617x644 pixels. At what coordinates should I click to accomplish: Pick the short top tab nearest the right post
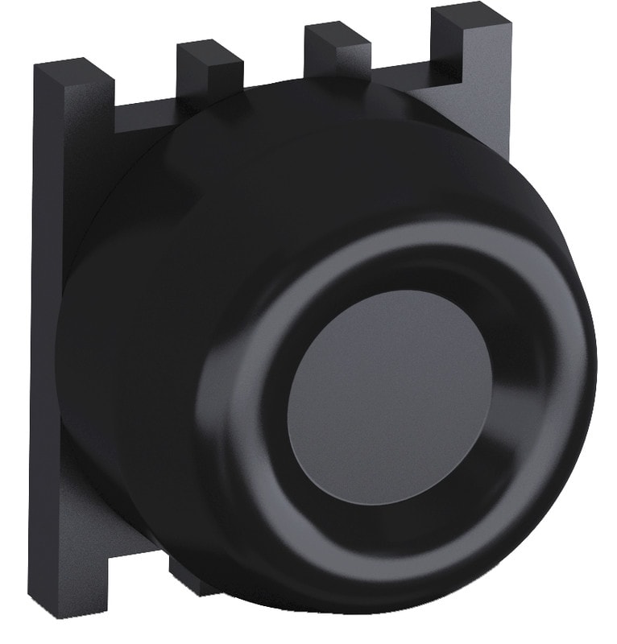tap(336, 52)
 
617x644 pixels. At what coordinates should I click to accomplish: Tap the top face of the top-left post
tap(72, 69)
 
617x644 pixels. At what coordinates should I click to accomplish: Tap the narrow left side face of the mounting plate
tap(44, 322)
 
